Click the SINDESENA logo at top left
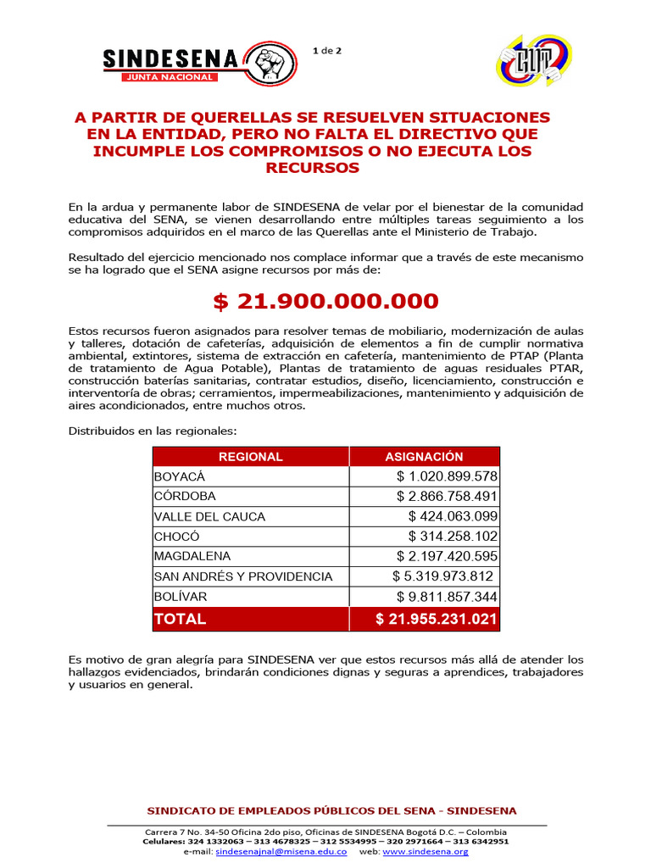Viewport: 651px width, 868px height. click(x=199, y=64)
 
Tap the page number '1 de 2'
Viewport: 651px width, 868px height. click(x=326, y=50)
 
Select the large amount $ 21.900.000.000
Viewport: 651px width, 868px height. click(x=325, y=301)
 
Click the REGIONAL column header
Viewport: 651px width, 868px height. click(x=251, y=457)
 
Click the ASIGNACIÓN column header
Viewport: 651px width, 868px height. click(x=424, y=457)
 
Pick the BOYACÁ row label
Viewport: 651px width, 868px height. click(x=180, y=476)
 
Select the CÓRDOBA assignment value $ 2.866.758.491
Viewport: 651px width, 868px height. click(x=447, y=497)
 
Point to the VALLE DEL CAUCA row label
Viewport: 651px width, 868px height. click(x=209, y=517)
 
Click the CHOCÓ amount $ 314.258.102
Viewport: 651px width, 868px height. click(x=453, y=537)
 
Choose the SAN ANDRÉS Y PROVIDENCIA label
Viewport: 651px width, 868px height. click(x=243, y=577)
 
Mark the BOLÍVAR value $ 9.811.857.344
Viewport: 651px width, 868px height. click(x=447, y=598)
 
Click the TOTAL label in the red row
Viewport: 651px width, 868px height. click(x=180, y=619)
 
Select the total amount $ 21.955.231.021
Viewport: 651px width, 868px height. click(x=436, y=619)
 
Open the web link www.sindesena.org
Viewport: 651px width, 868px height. click(x=426, y=851)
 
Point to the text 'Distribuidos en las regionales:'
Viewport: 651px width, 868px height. click(x=153, y=431)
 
